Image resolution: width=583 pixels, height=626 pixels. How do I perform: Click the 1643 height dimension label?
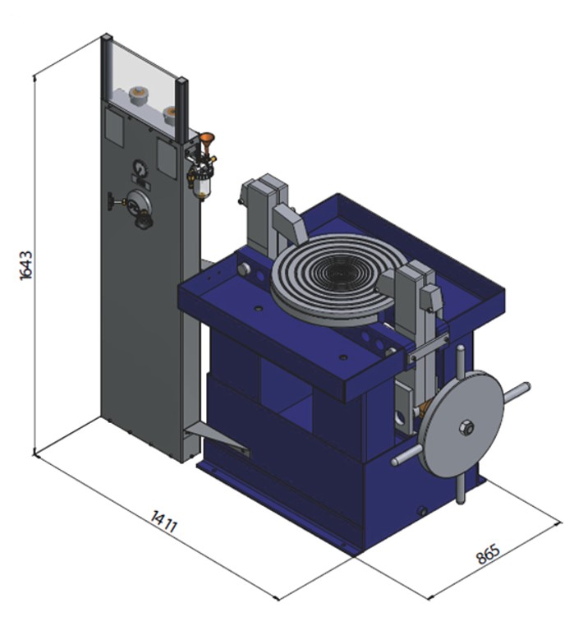click(x=26, y=265)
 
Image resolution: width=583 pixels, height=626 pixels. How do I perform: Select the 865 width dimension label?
click(x=488, y=554)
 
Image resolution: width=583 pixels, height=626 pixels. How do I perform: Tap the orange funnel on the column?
click(x=207, y=142)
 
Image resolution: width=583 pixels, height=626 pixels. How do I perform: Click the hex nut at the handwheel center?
click(x=466, y=427)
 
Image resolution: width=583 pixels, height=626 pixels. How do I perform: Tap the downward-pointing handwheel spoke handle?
click(x=460, y=488)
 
